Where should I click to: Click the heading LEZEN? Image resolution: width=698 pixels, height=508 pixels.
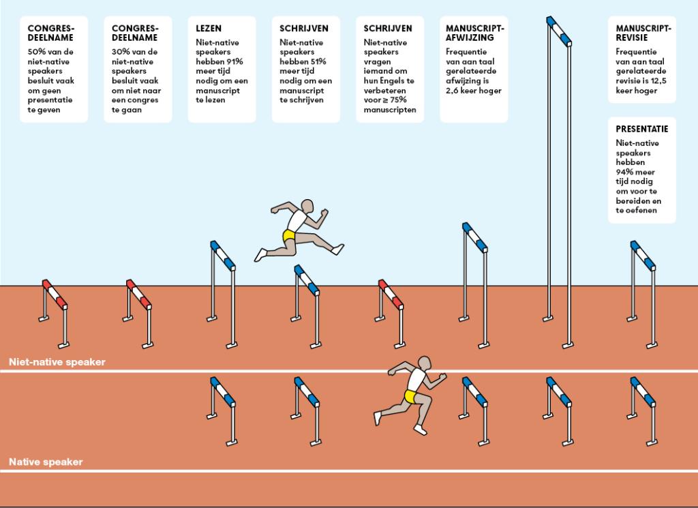(x=208, y=29)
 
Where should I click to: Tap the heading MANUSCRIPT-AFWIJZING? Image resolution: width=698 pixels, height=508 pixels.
(x=474, y=33)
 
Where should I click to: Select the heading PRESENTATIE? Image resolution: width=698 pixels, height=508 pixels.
(x=641, y=129)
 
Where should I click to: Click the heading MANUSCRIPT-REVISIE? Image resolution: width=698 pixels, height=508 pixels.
(x=643, y=33)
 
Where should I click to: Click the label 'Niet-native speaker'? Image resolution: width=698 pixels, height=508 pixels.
(x=57, y=362)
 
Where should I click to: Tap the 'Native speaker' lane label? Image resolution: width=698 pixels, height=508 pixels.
(x=46, y=462)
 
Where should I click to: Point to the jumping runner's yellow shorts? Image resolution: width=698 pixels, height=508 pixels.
(x=290, y=236)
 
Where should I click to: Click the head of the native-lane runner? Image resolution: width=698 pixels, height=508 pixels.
(x=425, y=363)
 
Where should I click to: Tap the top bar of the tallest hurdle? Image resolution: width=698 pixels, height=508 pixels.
(x=558, y=30)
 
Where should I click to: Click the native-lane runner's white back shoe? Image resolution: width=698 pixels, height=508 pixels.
(x=377, y=417)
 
